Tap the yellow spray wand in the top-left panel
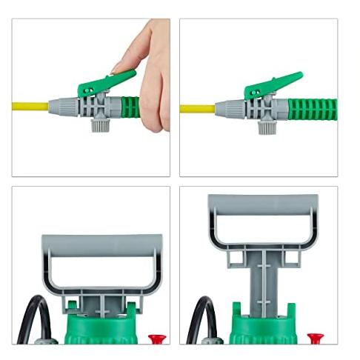pos(30,107)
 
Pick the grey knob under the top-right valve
pos(265,125)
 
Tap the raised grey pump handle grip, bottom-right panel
pos(263,202)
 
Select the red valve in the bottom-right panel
pos(314,339)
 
